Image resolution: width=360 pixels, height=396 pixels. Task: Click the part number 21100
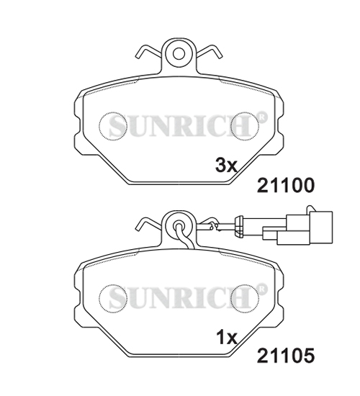(286, 185)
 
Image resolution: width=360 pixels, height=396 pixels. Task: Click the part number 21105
(286, 356)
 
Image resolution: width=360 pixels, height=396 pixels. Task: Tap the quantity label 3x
(226, 166)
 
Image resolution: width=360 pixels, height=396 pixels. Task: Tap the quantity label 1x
(227, 338)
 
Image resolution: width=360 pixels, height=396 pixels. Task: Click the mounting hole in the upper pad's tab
(179, 53)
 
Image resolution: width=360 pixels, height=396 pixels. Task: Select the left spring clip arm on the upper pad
(148, 52)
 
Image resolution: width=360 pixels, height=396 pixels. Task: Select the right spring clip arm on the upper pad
(210, 52)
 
